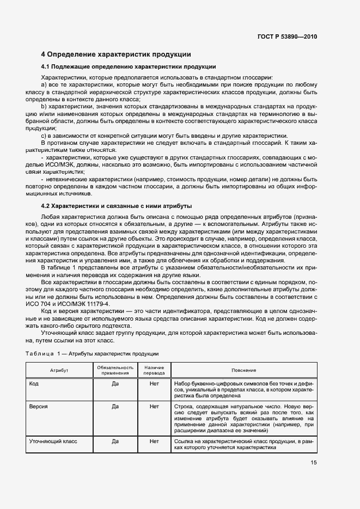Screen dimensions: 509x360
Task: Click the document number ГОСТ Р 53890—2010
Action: pos(286,36)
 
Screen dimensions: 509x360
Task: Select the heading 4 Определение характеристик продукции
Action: pos(116,54)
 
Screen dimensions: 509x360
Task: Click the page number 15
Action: pos(313,463)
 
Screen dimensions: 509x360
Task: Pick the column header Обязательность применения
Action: pos(115,370)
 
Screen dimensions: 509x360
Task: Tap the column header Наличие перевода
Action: pos(154,370)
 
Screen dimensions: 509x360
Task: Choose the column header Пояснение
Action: pos(243,370)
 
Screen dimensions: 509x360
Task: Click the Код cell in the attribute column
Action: pos(34,383)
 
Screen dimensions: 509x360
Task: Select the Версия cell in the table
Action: pos(38,406)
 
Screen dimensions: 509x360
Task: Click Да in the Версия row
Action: pos(115,406)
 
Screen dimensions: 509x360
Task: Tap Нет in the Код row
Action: pos(154,383)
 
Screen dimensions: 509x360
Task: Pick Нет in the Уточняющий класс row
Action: pos(154,441)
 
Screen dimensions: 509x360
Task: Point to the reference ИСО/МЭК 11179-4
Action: pos(87,304)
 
